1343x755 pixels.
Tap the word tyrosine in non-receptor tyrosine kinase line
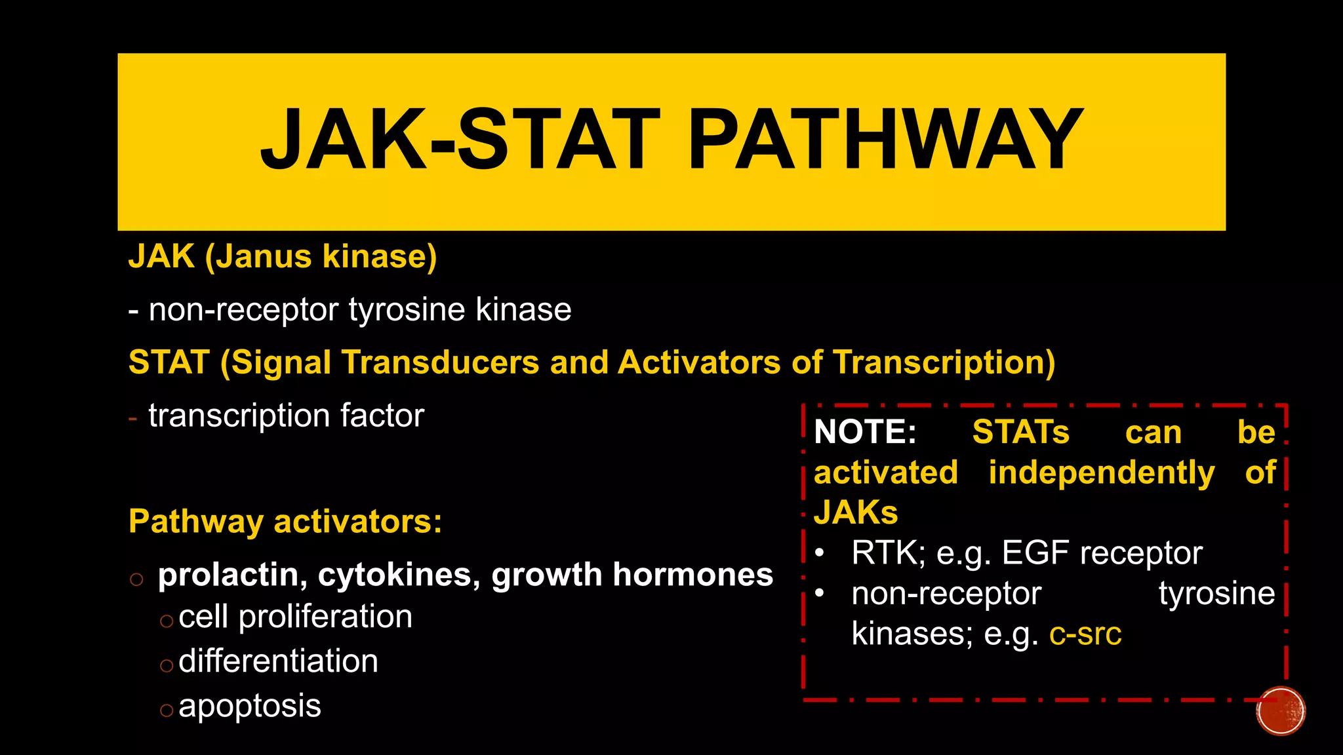click(x=408, y=309)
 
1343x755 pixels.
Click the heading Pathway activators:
click(x=285, y=522)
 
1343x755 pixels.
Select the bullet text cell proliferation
click(x=295, y=617)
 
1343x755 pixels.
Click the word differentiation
click(x=278, y=661)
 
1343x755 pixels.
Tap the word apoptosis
click(x=249, y=706)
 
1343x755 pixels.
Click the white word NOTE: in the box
click(x=864, y=433)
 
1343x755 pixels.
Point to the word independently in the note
click(x=1101, y=473)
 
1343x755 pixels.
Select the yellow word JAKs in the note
click(x=855, y=513)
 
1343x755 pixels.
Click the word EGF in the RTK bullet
click(x=1036, y=553)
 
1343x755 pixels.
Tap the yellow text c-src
click(x=1085, y=634)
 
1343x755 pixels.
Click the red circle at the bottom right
click(x=1280, y=711)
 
